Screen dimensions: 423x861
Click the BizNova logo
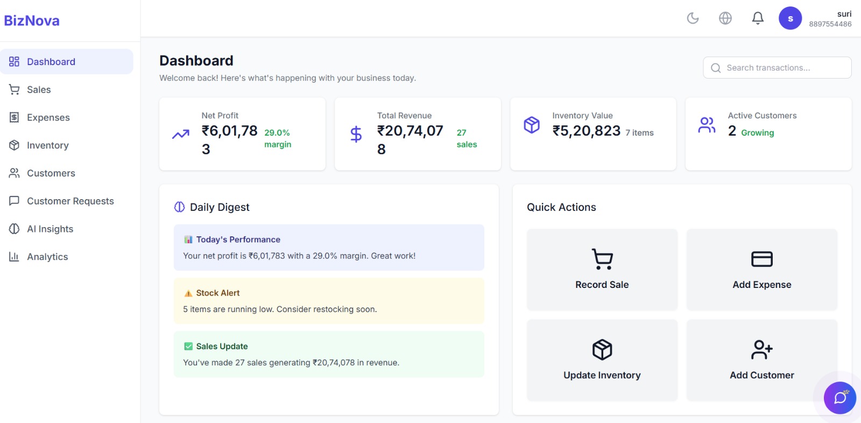[32, 21]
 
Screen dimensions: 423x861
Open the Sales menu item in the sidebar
[39, 90]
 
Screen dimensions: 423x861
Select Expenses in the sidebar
[48, 118]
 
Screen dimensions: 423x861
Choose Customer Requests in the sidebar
[70, 201]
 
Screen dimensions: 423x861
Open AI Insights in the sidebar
[50, 229]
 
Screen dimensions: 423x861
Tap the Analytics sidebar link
[47, 257]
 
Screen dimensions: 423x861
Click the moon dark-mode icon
[693, 18]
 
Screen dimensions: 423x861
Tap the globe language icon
[725, 18]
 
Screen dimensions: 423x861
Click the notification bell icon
[758, 18]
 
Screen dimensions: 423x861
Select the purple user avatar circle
[790, 18]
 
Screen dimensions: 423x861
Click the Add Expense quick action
[761, 270]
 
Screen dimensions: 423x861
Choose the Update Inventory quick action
[602, 360]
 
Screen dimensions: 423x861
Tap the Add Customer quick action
[761, 360]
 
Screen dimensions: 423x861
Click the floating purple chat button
[839, 398]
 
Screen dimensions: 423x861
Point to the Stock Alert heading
[217, 293]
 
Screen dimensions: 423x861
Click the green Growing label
[757, 133]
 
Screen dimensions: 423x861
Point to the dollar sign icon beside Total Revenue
[356, 134]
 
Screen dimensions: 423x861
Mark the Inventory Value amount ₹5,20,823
[587, 131]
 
